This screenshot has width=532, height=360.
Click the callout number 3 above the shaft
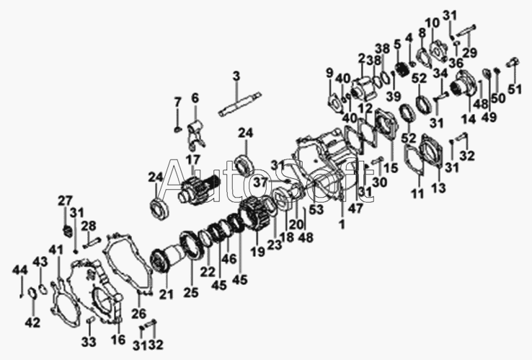(x=236, y=76)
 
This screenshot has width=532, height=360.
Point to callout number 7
(x=178, y=101)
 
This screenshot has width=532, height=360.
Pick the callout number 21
(x=167, y=294)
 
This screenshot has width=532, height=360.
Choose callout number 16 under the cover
(x=118, y=338)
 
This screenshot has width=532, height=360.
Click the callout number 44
(x=17, y=270)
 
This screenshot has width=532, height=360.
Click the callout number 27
(x=66, y=201)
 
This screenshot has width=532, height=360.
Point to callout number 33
(x=89, y=341)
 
